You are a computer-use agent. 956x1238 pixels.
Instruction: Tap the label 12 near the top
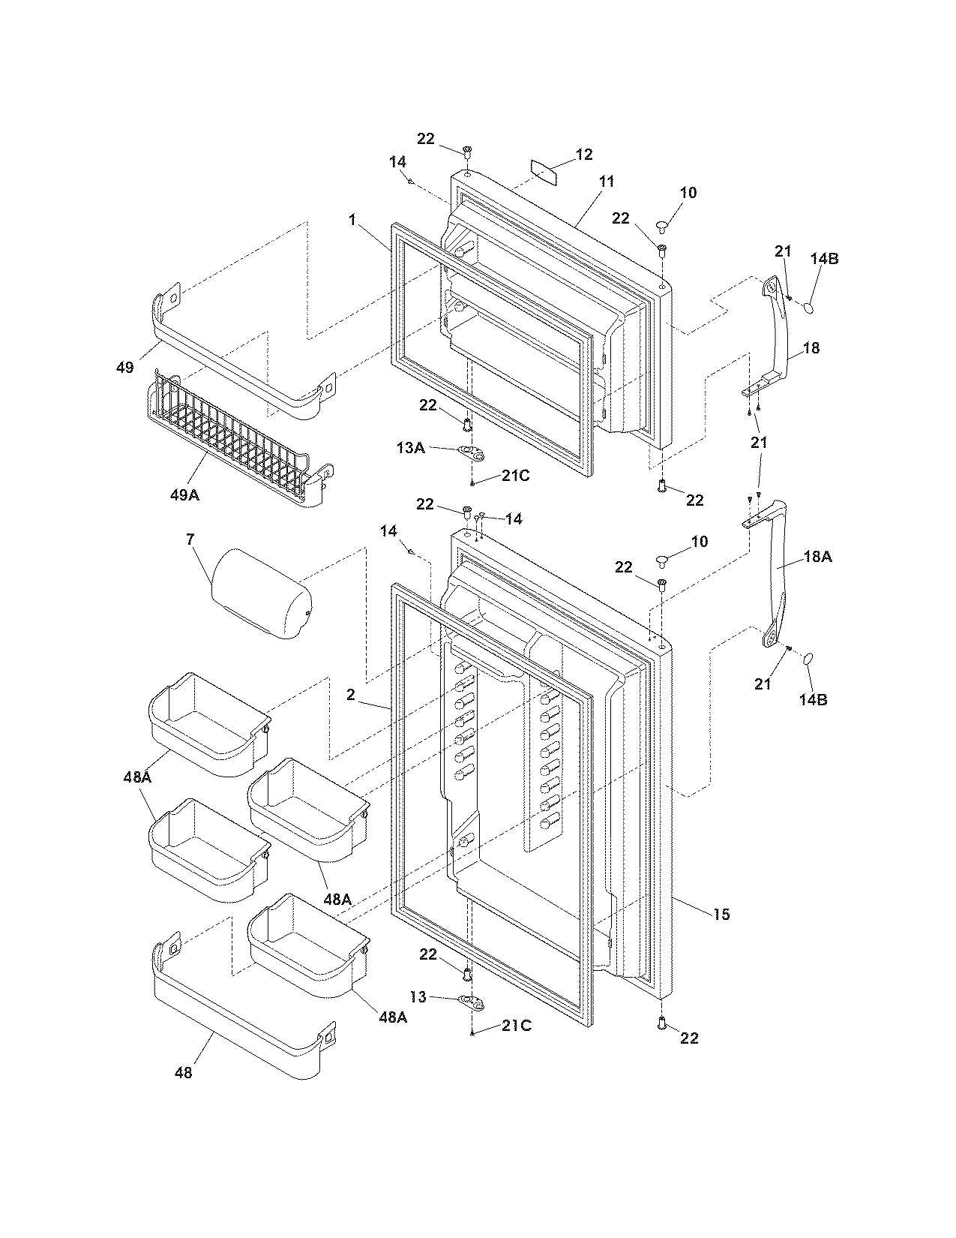pyautogui.click(x=584, y=155)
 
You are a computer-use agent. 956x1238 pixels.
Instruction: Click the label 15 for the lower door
pyautogui.click(x=721, y=914)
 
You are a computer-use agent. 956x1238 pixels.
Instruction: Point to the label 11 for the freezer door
pyautogui.click(x=607, y=182)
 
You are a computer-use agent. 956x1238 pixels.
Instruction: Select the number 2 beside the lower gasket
pyautogui.click(x=350, y=695)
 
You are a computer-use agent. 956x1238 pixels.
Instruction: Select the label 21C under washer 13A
pyautogui.click(x=516, y=476)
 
